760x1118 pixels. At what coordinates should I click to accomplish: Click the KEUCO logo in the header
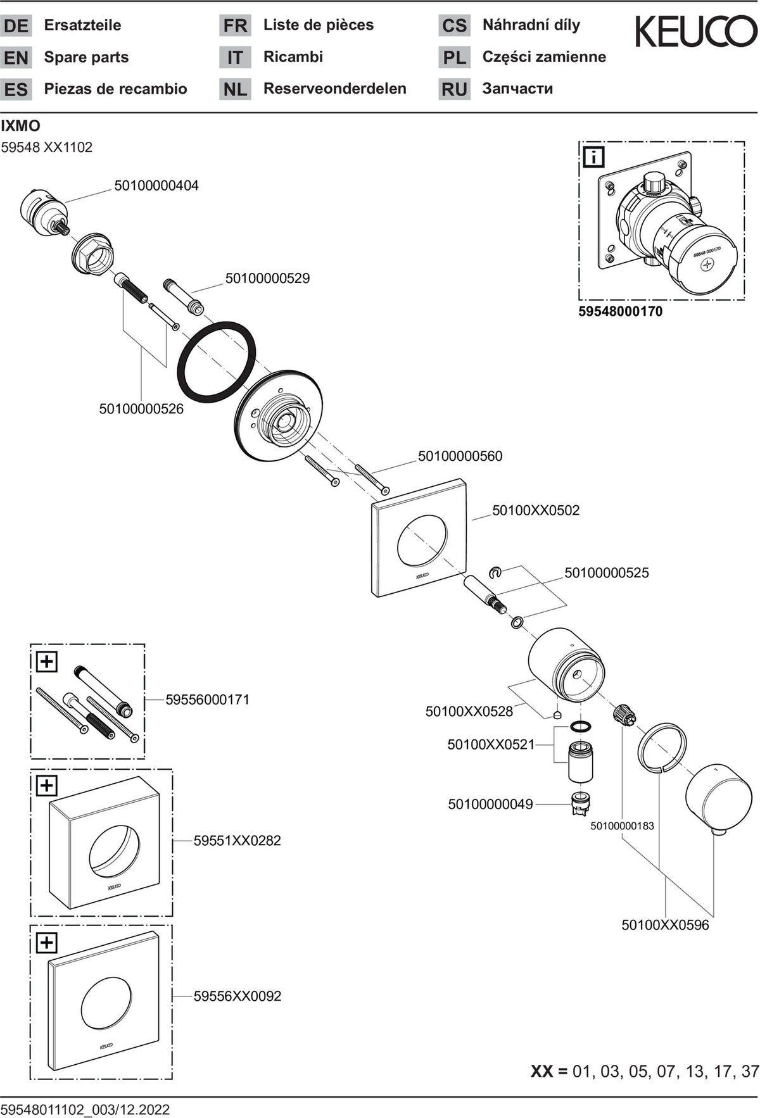pos(696,32)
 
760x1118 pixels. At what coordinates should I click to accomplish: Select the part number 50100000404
pos(156,185)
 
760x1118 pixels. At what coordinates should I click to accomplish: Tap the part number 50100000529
pos(268,278)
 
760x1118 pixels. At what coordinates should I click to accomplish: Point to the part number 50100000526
pos(141,409)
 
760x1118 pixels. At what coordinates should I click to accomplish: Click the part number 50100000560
pos(460,456)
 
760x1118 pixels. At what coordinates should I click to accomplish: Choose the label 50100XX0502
pos(536,510)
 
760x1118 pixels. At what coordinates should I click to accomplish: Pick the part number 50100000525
pos(607,572)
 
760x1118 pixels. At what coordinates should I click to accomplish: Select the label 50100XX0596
pos(666,925)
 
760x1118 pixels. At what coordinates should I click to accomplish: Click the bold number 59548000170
pos(621,311)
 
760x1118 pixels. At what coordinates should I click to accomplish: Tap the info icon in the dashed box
pos(593,156)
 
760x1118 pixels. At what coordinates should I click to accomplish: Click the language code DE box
pos(16,26)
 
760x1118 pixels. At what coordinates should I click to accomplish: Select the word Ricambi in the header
pos(293,57)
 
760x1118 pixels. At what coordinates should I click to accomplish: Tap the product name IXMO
pos(20,126)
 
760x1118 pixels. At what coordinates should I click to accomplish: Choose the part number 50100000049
pos(491,804)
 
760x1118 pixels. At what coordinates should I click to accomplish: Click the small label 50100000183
pos(622,826)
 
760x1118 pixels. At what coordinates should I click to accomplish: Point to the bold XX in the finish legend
pos(541,1071)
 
